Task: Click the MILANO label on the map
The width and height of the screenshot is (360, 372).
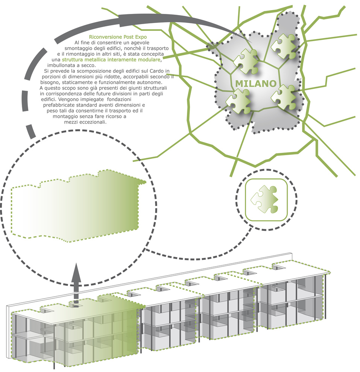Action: pyautogui.click(x=256, y=84)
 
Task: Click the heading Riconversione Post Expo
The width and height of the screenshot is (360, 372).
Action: pyautogui.click(x=118, y=37)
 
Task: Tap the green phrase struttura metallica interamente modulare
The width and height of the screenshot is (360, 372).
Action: pyautogui.click(x=111, y=59)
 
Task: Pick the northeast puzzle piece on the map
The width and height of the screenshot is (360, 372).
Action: pyautogui.click(x=284, y=46)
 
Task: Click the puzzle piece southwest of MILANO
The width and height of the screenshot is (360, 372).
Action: pyautogui.click(x=238, y=101)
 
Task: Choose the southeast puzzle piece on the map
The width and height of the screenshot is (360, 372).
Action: pyautogui.click(x=284, y=97)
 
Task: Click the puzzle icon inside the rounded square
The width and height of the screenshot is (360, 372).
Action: pyautogui.click(x=264, y=199)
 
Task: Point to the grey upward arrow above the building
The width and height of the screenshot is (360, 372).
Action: pyautogui.click(x=76, y=285)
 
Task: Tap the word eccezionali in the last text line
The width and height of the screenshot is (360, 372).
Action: pyautogui.click(x=93, y=122)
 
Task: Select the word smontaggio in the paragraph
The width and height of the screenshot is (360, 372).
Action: pyautogui.click(x=77, y=49)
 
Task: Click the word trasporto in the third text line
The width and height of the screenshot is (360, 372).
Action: pyautogui.click(x=158, y=49)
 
